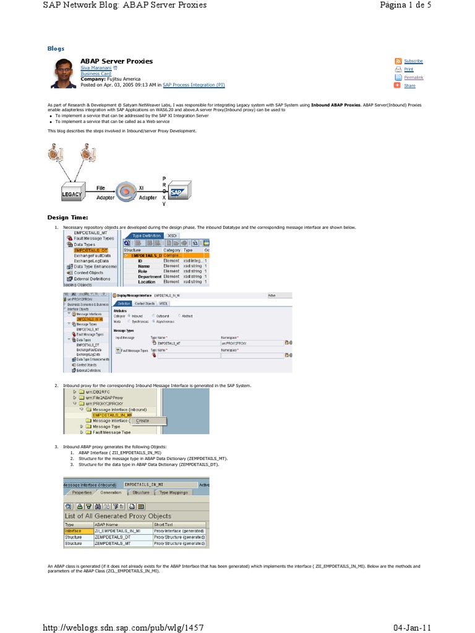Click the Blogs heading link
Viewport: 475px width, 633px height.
point(56,48)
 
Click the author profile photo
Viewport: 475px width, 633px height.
point(64,74)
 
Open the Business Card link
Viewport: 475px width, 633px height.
point(94,74)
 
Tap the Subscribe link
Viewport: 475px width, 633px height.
point(413,61)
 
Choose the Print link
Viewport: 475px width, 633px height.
point(408,69)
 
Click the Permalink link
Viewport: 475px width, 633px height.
point(413,77)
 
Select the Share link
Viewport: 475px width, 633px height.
point(409,86)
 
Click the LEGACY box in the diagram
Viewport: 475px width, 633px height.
point(72,193)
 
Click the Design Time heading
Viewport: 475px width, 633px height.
point(68,218)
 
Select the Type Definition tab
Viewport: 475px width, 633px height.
point(146,236)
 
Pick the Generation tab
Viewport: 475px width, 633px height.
point(111,493)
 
